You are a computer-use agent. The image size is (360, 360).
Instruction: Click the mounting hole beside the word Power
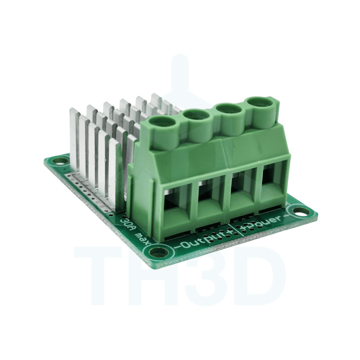(x=297, y=210)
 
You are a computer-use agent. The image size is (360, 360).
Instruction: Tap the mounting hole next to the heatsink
(x=58, y=160)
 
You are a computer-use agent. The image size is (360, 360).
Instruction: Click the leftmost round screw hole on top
(x=162, y=122)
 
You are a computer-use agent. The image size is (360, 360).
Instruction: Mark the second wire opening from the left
(x=208, y=198)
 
